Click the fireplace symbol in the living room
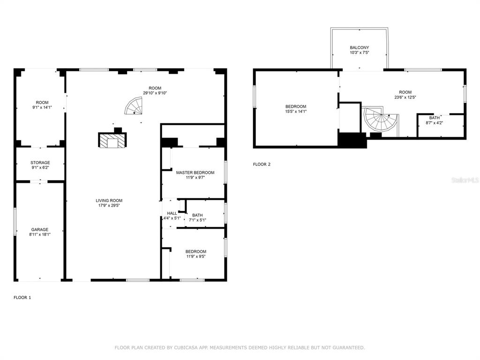[112, 140]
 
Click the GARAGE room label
[40, 230]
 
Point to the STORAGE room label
[40, 163]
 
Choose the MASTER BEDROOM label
[195, 172]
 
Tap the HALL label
[172, 213]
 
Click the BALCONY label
[360, 47]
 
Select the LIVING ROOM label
[109, 201]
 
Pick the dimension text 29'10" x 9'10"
[155, 93]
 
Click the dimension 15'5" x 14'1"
[296, 112]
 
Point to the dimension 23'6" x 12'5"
[405, 97]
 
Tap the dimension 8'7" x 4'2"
[435, 123]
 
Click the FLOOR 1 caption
[22, 298]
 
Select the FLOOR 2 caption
[262, 165]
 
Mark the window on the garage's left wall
[15, 222]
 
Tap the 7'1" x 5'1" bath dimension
[197, 220]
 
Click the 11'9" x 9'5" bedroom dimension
[195, 256]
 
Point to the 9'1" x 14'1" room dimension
[42, 107]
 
